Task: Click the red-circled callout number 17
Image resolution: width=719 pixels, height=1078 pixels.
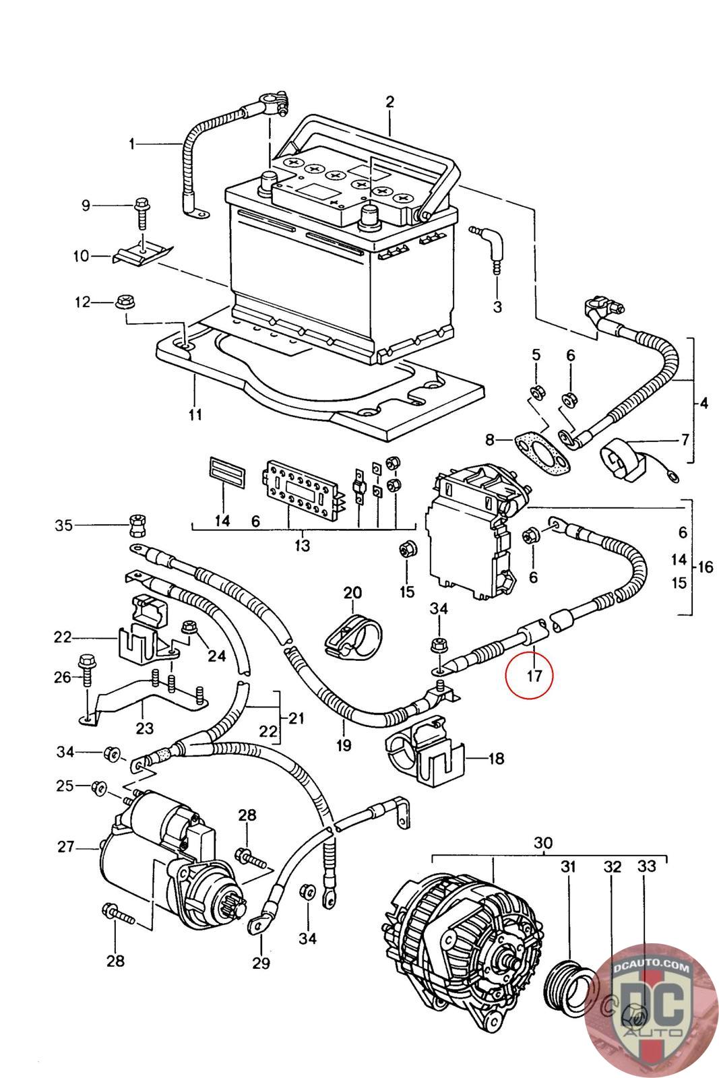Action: pos(534,676)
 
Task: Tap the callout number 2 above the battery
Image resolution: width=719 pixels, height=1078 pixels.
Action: pos(389,102)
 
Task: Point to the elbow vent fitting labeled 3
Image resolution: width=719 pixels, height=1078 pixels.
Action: pos(489,249)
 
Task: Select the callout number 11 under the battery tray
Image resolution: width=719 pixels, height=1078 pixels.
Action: pos(195,414)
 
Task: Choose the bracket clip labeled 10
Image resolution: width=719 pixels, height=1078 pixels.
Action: pos(144,253)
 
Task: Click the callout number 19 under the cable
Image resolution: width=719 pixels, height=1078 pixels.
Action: pos(344,745)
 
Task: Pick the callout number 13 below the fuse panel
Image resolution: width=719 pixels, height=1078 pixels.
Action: pos(303,545)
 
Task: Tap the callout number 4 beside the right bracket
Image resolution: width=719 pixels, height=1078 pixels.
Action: pos(704,403)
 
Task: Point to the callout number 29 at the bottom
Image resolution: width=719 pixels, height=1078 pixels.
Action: pos(261,963)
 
